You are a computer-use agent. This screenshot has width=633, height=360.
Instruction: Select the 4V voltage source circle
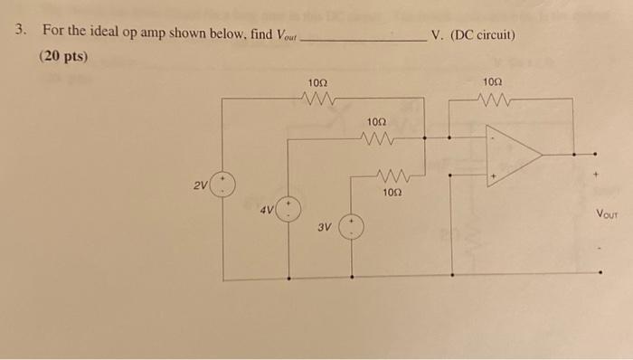click(x=288, y=211)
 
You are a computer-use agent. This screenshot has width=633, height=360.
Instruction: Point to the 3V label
click(x=324, y=228)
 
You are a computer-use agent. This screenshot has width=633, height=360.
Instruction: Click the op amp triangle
click(x=512, y=155)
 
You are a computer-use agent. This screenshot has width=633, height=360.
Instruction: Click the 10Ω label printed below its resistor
click(x=390, y=192)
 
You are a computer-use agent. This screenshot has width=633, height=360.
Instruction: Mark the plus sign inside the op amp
click(x=494, y=175)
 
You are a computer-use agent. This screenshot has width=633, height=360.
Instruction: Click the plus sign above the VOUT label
click(x=596, y=169)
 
